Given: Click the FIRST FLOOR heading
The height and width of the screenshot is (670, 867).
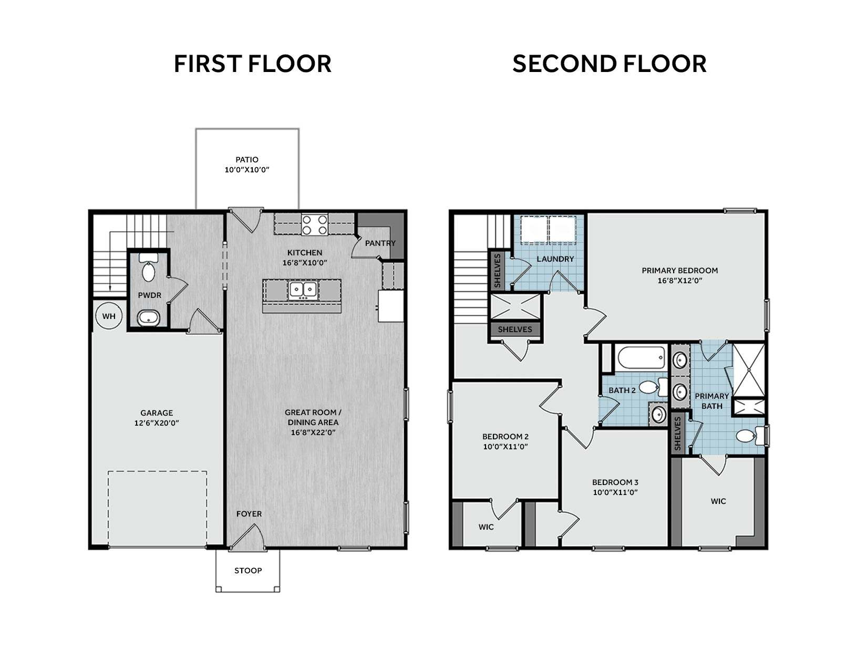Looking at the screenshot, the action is click(253, 64).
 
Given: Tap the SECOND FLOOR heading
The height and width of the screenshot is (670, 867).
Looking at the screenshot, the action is click(609, 64).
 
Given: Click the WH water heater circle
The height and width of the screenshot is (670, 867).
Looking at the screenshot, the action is click(109, 316).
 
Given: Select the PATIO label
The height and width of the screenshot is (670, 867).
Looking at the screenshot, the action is click(247, 160).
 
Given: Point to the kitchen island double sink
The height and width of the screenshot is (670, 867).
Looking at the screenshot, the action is click(303, 290).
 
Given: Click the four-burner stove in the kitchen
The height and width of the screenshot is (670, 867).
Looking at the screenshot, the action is click(314, 225).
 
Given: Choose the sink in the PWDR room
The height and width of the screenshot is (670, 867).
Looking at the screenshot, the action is click(149, 318).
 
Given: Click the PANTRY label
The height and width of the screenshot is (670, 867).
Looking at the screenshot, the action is click(380, 243).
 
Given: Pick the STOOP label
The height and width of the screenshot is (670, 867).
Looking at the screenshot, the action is click(248, 571).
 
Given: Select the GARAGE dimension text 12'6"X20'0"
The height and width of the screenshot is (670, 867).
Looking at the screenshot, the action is click(157, 423).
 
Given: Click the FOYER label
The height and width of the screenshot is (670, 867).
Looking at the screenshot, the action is click(249, 514).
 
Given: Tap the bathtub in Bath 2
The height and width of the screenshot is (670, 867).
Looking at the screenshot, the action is click(641, 357).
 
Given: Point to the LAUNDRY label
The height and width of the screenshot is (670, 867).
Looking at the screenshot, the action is click(555, 259).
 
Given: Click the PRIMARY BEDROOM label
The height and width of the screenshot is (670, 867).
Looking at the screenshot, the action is click(680, 271).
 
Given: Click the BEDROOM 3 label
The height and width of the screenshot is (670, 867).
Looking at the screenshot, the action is click(615, 482).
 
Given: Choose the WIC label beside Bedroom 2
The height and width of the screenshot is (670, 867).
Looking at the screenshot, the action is click(486, 527).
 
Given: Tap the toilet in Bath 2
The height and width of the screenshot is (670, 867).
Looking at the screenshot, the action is click(653, 387).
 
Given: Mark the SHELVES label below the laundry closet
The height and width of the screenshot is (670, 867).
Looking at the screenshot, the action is click(515, 329).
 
